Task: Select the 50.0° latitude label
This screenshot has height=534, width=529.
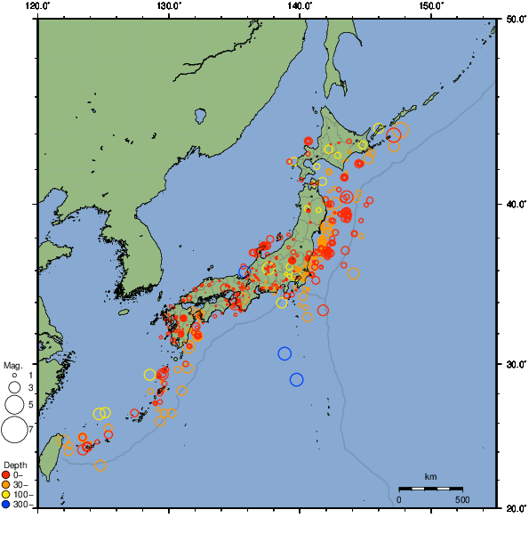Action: click(x=513, y=18)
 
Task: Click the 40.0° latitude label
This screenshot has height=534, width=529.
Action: click(x=513, y=204)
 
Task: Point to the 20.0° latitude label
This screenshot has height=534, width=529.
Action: click(x=513, y=508)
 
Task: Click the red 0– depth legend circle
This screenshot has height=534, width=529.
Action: click(x=6, y=474)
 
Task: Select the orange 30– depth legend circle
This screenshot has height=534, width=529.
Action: click(x=6, y=484)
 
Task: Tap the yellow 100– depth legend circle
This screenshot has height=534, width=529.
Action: click(x=6, y=494)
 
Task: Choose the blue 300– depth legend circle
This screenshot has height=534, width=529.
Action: click(x=6, y=504)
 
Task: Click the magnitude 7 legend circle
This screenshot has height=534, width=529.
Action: click(x=13, y=430)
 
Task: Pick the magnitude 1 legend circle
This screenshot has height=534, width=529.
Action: click(x=14, y=376)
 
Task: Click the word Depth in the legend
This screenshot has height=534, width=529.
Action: click(x=14, y=465)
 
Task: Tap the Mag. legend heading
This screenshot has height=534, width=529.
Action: click(x=12, y=365)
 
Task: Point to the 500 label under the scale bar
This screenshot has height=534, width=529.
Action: click(x=462, y=499)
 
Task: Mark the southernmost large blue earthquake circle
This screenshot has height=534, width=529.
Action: click(x=297, y=379)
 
